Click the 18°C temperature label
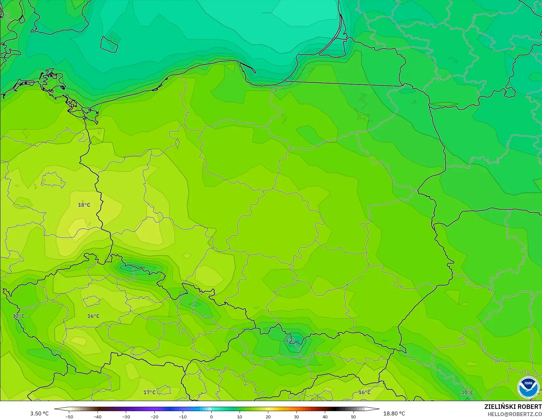(84, 205)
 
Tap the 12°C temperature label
(19, 316)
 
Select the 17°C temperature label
(150, 392)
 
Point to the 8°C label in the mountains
(289, 341)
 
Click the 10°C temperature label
(467, 392)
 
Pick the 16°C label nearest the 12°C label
(93, 316)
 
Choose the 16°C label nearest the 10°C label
(364, 392)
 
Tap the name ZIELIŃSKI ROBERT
(513, 407)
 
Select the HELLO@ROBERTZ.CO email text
(514, 414)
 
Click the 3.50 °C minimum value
(39, 413)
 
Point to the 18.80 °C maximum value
(394, 413)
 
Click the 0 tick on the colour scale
(211, 417)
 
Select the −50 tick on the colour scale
(69, 417)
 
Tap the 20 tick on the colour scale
(268, 417)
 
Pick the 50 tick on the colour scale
(353, 417)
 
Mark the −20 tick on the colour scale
(154, 417)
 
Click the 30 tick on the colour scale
(297, 417)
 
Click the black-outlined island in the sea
(109, 44)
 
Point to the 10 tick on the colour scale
(240, 417)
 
